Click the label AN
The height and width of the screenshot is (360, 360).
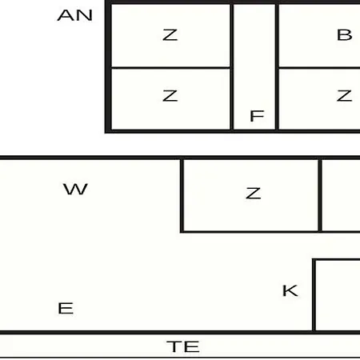(x=75, y=15)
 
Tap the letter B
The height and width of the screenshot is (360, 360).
(x=345, y=35)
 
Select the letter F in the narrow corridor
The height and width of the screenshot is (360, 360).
(x=257, y=116)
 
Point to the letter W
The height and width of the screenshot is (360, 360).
(x=75, y=189)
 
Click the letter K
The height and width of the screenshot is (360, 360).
(x=290, y=290)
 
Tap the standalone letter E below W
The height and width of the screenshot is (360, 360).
(x=66, y=308)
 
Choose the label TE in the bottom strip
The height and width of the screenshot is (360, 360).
(x=183, y=346)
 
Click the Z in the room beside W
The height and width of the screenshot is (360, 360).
(x=254, y=194)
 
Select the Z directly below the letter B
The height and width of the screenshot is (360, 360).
(x=344, y=96)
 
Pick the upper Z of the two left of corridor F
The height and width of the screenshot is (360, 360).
(x=170, y=35)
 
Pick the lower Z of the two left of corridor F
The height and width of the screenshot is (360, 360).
(x=170, y=96)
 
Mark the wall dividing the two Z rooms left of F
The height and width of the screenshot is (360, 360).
(x=170, y=68)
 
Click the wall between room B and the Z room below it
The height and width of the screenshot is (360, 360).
(x=319, y=68)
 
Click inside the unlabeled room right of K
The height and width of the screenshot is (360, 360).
(x=338, y=295)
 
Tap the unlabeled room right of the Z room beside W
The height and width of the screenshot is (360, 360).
(x=341, y=195)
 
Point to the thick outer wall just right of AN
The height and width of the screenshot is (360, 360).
(x=108, y=66)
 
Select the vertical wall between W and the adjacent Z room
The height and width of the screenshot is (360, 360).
(x=182, y=195)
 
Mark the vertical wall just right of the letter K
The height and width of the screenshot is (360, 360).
(x=314, y=295)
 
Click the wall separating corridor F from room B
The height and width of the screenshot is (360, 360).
(x=277, y=66)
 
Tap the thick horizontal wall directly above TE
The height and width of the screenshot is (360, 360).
(x=180, y=332)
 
